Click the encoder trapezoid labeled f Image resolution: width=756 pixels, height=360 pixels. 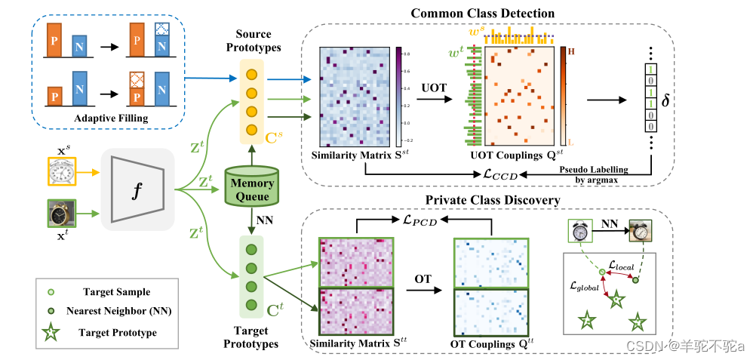click(137, 189)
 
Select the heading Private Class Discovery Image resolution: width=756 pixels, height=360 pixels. click(491, 200)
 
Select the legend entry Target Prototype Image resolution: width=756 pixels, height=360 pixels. click(111, 330)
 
